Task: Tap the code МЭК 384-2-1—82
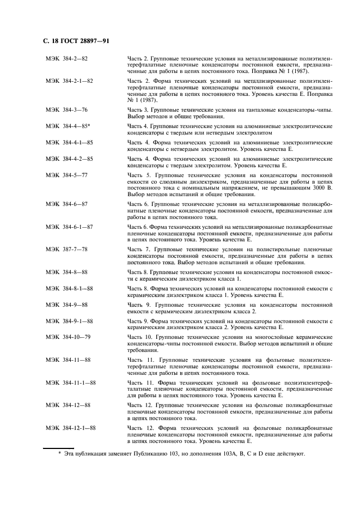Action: [x=69, y=81]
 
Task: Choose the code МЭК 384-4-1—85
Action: [x=69, y=142]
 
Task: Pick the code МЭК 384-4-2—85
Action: [x=69, y=158]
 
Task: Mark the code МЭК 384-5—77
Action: [x=67, y=174]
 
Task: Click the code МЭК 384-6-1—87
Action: [x=69, y=226]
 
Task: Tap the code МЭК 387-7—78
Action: [x=67, y=249]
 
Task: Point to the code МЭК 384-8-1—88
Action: [x=69, y=288]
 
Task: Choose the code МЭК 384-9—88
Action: [x=67, y=304]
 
